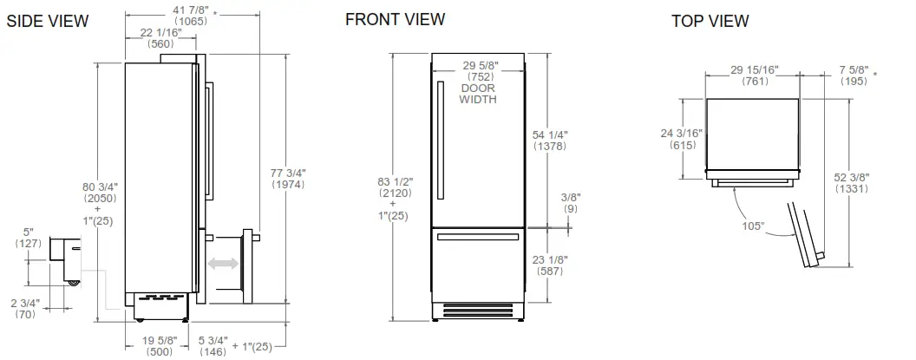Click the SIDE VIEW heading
[48, 22]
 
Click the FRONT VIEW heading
[395, 19]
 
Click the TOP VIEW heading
[710, 21]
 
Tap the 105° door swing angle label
[754, 226]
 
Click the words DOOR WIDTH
[478, 94]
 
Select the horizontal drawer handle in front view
[478, 236]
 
